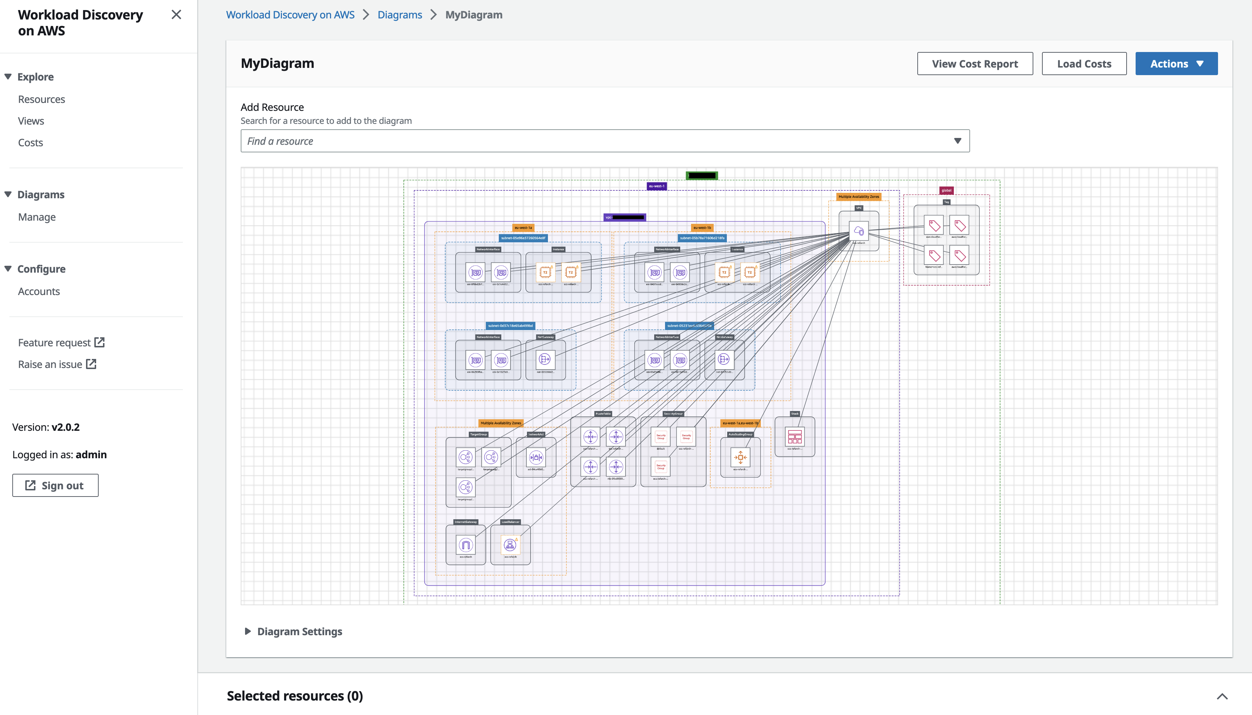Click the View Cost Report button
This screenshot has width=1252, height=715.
tap(974, 64)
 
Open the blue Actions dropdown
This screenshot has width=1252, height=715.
tap(1176, 64)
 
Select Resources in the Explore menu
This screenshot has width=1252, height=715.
tap(41, 99)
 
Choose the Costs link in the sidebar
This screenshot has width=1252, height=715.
tap(30, 142)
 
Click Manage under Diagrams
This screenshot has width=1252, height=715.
tap(37, 217)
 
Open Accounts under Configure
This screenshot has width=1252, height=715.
tap(39, 291)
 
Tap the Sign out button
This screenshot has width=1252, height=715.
tap(55, 485)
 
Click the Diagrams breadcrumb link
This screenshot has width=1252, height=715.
tap(399, 15)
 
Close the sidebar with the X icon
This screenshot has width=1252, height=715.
tap(176, 15)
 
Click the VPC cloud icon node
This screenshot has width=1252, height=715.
tap(858, 231)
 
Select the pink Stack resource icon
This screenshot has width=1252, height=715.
tap(794, 437)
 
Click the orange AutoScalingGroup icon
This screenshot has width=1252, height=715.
tap(740, 457)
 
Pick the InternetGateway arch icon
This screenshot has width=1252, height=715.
tap(465, 545)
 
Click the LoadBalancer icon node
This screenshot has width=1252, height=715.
tap(510, 545)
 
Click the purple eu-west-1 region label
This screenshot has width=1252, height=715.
tap(656, 186)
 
